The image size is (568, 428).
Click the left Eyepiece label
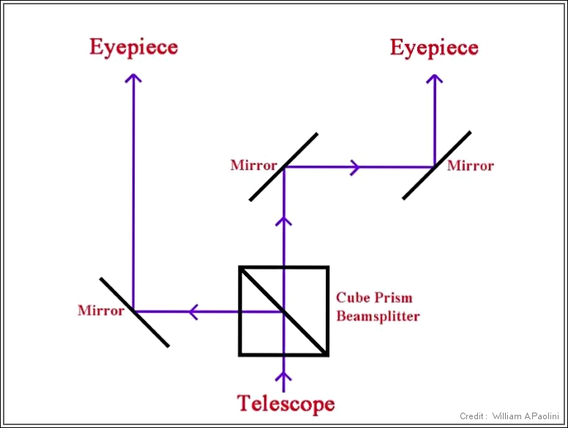(x=133, y=48)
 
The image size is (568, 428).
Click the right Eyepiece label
(x=434, y=48)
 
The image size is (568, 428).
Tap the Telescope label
(x=285, y=403)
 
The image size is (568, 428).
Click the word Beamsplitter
(x=378, y=316)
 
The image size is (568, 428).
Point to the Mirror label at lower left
(x=101, y=311)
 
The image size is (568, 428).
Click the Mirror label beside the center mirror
(x=254, y=165)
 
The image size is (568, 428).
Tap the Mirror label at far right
(x=471, y=165)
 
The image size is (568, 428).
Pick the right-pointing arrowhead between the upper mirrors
(x=355, y=168)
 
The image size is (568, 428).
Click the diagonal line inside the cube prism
(x=300, y=329)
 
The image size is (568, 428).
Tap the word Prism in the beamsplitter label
(x=396, y=298)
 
